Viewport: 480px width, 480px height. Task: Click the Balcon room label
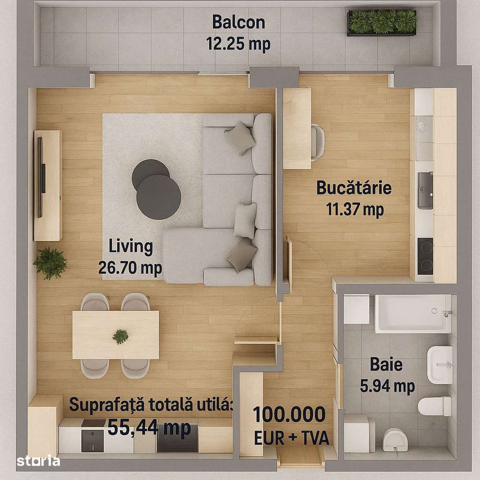coord(238,22)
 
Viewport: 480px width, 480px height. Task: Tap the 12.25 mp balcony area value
coord(238,44)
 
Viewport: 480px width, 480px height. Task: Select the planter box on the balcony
coord(382,22)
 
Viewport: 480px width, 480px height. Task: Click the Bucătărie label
coord(354,188)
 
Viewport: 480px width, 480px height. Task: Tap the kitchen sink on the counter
coord(425,191)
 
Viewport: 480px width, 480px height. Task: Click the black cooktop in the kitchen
coord(425,256)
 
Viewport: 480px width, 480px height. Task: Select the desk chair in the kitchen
coord(317,142)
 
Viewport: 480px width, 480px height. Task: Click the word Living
coord(131,247)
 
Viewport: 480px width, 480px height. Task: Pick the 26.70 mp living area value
coord(130,267)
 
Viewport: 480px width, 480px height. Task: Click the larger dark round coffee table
coord(158,197)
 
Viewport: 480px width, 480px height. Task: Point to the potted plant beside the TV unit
coord(50,263)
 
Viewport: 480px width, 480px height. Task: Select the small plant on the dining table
coord(120,336)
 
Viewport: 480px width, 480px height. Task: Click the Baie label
coord(386,364)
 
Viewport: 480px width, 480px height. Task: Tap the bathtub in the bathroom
coord(413,313)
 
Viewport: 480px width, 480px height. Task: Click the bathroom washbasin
coord(440,365)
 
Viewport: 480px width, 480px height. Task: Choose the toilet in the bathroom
coord(434,406)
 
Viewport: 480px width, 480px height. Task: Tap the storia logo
coord(38,461)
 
